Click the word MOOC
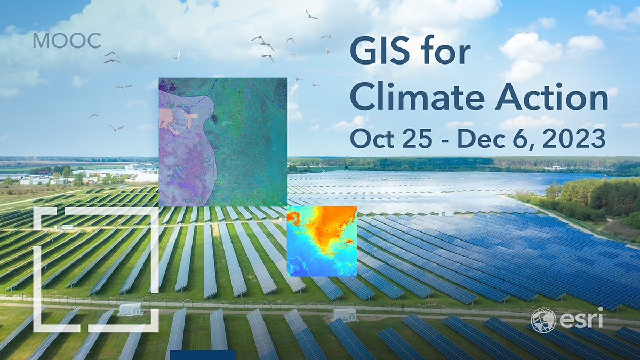pyautogui.click(x=67, y=41)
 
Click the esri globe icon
pyautogui.click(x=543, y=320)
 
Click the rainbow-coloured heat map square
pyautogui.click(x=322, y=241)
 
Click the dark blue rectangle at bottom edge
pyautogui.click(x=203, y=355)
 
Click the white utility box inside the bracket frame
pyautogui.click(x=130, y=309)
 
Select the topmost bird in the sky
pyautogui.click(x=311, y=14)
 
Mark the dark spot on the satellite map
pyautogui.click(x=214, y=118)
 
